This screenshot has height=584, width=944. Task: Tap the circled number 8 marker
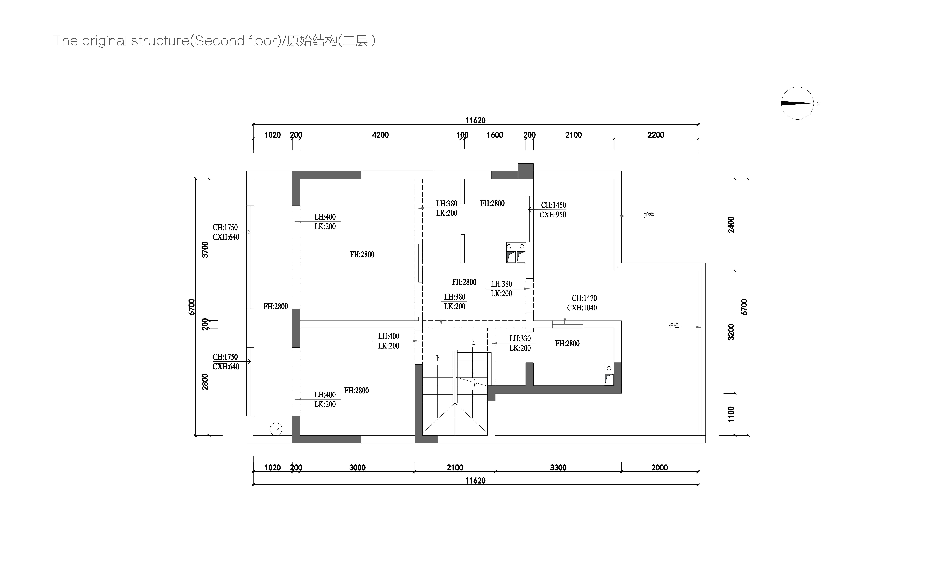coord(276,429)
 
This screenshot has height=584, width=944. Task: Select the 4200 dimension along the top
coord(380,135)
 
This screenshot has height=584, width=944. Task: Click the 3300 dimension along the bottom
coord(558,468)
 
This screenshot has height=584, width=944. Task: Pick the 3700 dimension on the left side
coord(205,249)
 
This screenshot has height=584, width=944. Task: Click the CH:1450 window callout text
coord(553,205)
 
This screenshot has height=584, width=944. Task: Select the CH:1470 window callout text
coord(584,298)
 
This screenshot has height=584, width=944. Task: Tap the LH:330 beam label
coord(520,338)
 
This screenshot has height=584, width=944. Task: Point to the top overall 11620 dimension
coord(475,121)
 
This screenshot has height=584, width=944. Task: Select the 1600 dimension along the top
coord(495,135)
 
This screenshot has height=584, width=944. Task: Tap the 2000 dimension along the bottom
coord(660,468)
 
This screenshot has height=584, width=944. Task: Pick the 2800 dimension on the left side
coord(205,382)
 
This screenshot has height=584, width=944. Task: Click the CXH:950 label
coord(553,215)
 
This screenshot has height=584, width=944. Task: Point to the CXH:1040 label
coord(582,308)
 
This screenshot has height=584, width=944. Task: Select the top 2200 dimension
coord(656,135)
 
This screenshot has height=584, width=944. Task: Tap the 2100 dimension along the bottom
coord(455,468)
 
